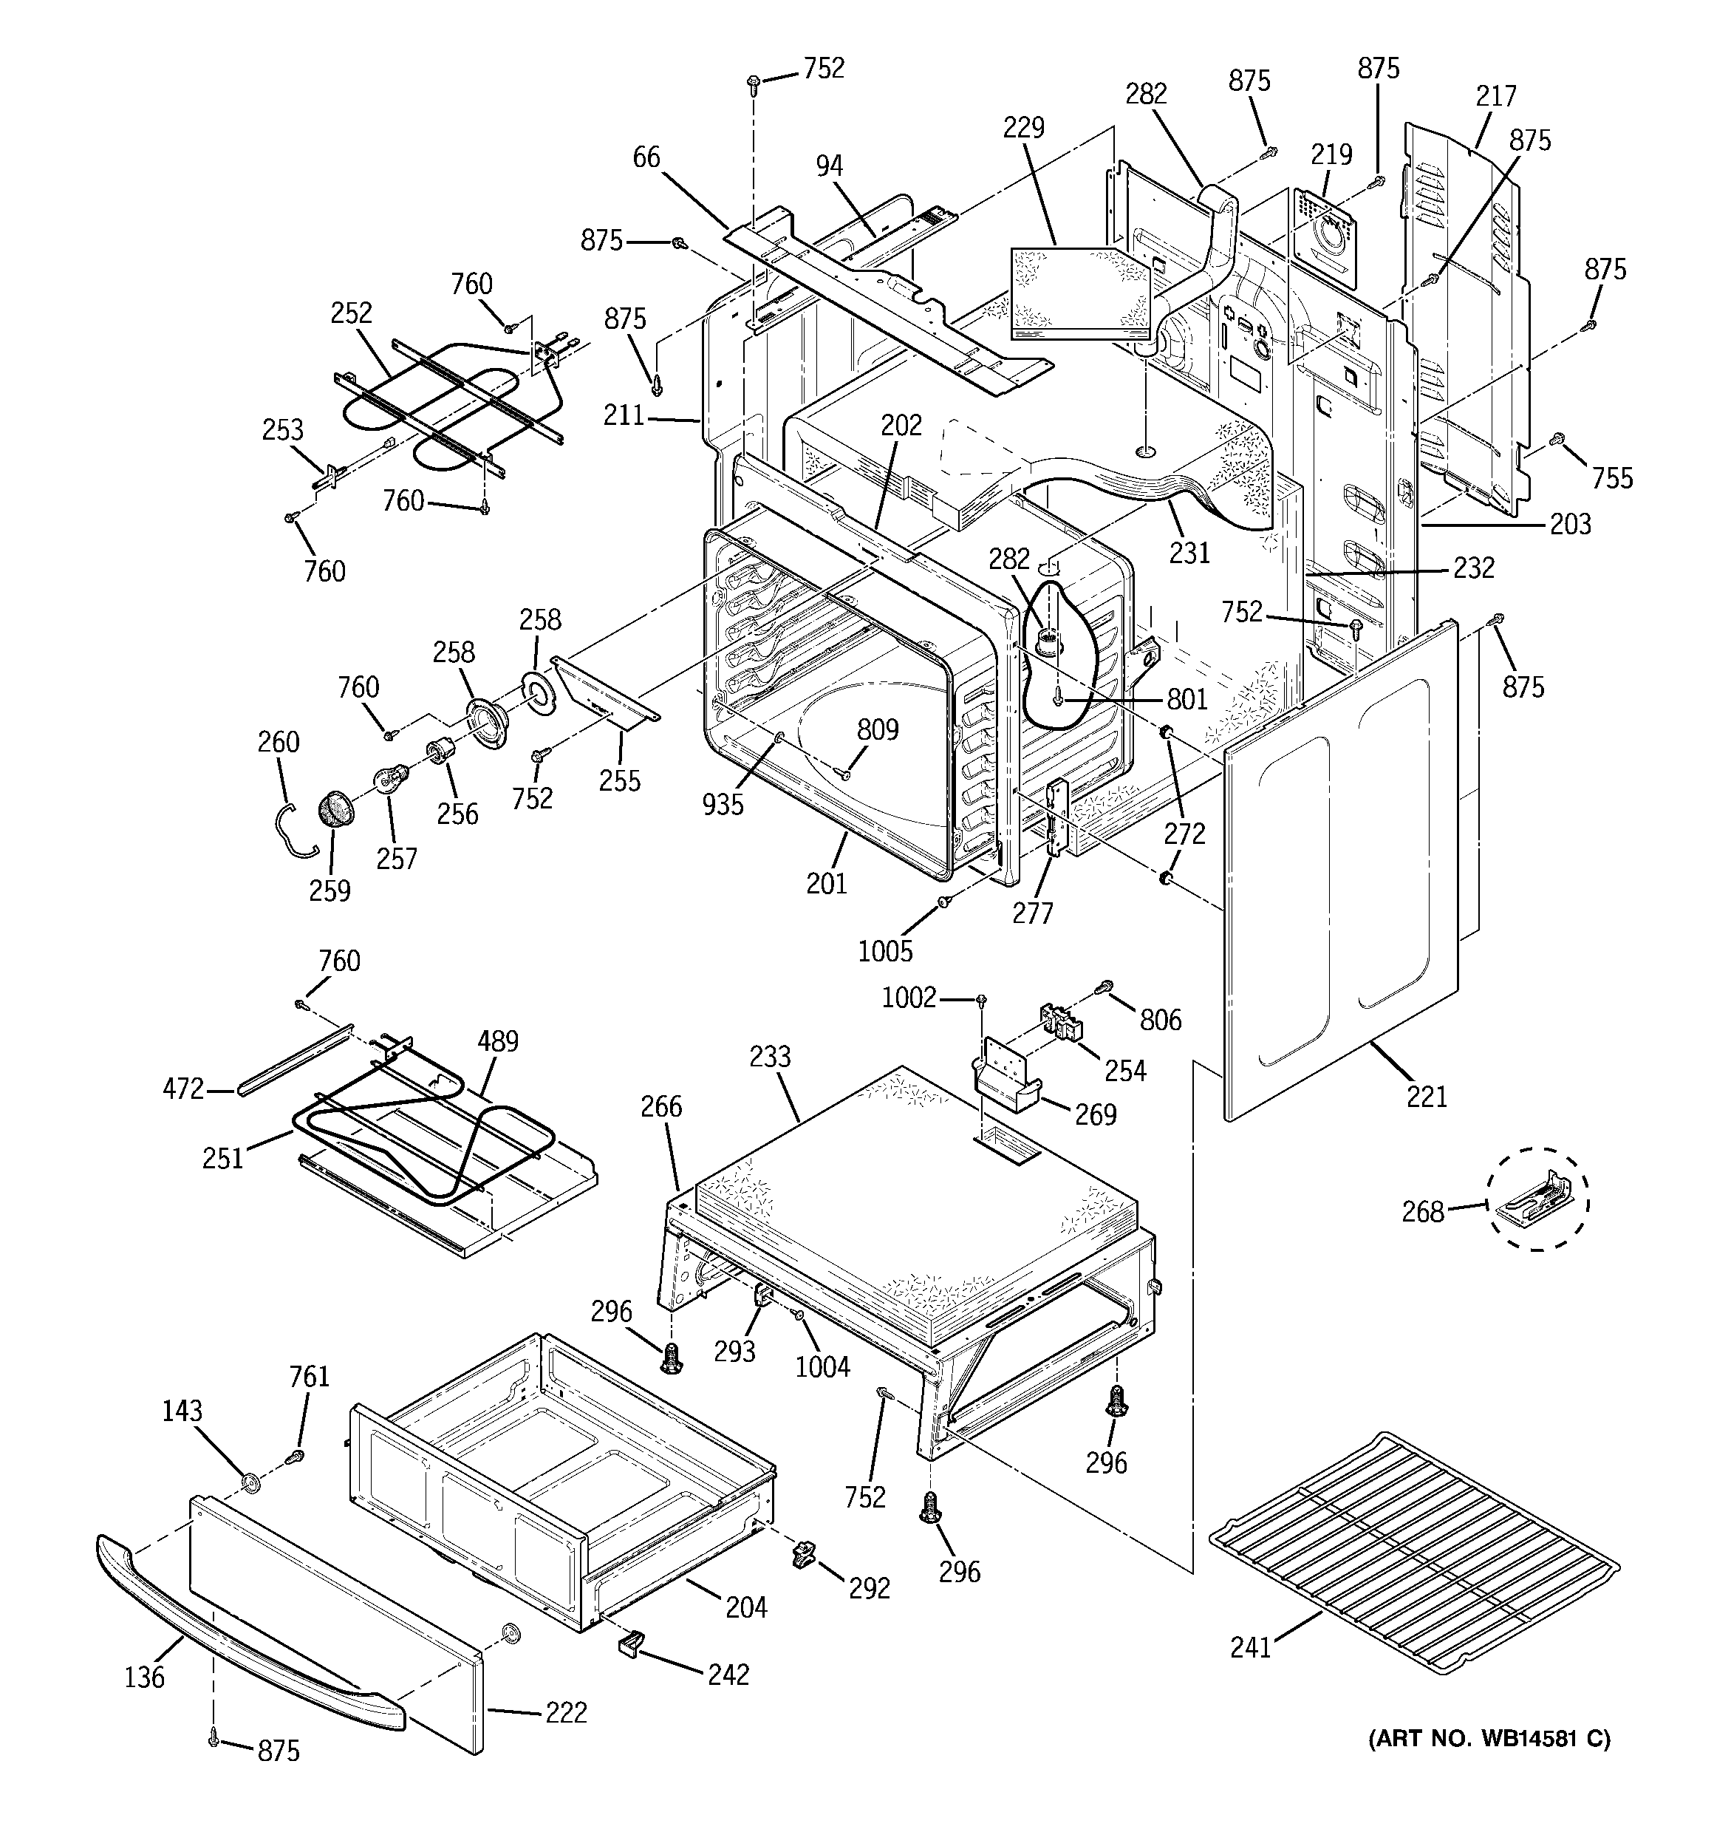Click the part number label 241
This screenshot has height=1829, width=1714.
[1249, 1646]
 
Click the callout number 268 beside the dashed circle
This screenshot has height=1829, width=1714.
[1422, 1212]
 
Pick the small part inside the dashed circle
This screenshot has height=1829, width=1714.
[1538, 1199]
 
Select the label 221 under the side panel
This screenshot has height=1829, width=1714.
[1426, 1096]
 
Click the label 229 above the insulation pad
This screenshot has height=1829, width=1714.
[1024, 127]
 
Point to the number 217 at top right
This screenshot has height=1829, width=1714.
[1496, 95]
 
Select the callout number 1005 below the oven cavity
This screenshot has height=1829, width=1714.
[885, 950]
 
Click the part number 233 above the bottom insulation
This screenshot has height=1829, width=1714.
[769, 1056]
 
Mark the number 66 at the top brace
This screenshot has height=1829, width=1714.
[646, 157]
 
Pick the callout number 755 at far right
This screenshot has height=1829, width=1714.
[1613, 477]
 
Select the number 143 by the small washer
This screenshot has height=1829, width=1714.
[182, 1411]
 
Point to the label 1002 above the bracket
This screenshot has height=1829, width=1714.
[909, 998]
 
